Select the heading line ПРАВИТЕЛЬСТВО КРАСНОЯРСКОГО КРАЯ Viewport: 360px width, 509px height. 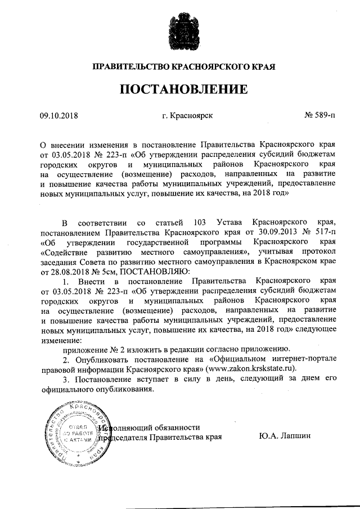coord(180,67)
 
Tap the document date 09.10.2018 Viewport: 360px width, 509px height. coord(58,116)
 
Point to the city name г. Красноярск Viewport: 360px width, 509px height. coord(187,116)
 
